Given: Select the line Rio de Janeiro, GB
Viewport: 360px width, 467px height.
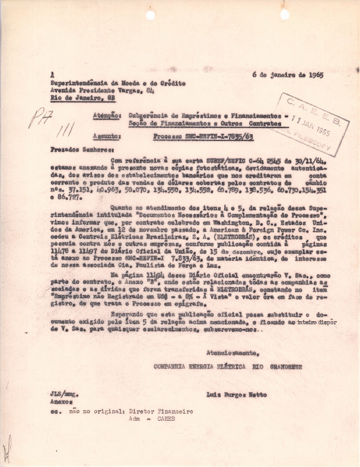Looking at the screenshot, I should [x=82, y=98].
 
